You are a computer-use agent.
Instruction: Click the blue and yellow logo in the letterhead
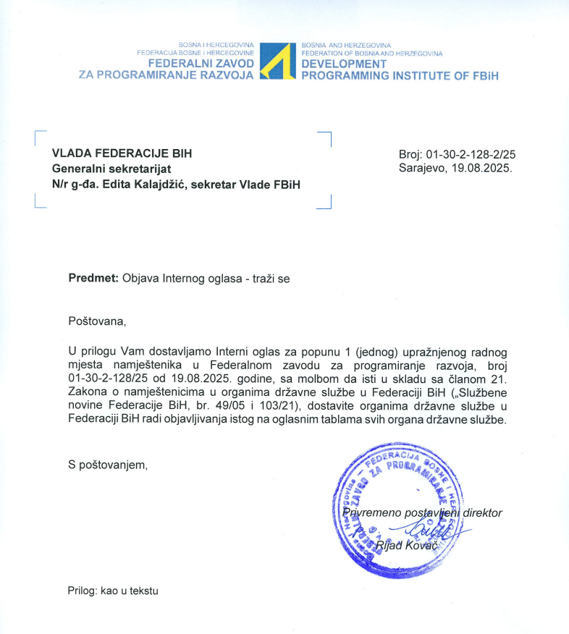278,62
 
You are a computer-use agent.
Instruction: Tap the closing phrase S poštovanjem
108,465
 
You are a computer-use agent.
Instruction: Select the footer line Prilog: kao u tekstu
112,591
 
